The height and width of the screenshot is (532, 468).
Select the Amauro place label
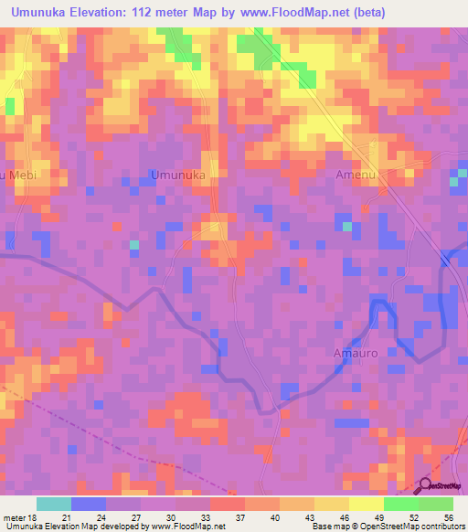[x=353, y=353]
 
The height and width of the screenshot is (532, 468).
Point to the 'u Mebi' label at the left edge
[x=16, y=175]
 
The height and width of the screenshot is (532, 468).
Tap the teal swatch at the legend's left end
[x=54, y=504]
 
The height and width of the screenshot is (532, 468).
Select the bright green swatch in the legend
[x=400, y=504]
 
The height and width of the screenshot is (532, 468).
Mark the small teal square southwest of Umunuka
[x=133, y=244]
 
